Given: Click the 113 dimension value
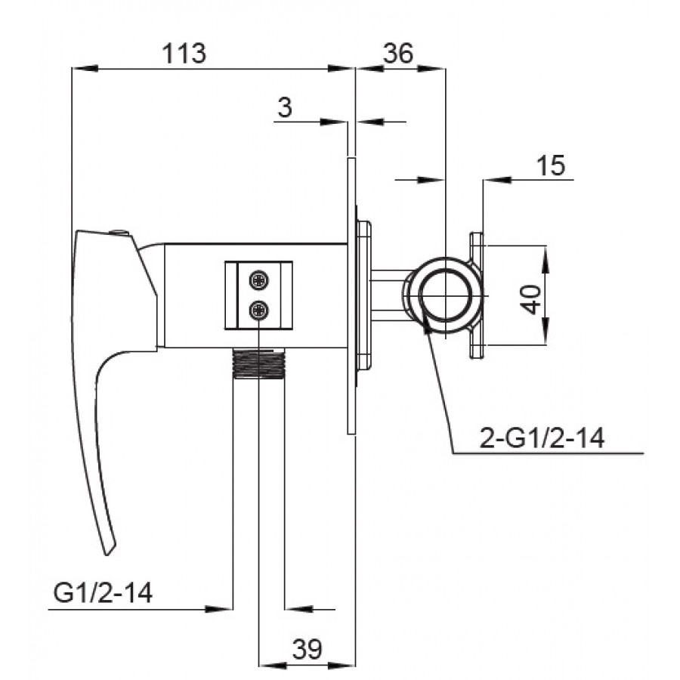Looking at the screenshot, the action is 184,54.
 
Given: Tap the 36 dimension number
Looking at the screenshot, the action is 399,54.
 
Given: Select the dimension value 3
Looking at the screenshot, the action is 285,107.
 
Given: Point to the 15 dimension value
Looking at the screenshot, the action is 551,165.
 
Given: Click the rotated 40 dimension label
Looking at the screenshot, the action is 531,298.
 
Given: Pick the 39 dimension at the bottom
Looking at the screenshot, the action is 307,649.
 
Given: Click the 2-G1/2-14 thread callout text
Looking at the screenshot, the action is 542,437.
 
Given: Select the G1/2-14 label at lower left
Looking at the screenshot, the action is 103,592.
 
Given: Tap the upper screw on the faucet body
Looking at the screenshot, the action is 258,280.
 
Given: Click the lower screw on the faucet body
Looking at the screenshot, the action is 258,310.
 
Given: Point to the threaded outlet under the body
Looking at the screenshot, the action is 258,363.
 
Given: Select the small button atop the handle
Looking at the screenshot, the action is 119,233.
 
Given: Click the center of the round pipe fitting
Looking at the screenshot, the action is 447,295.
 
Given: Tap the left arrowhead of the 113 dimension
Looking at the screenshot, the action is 84,68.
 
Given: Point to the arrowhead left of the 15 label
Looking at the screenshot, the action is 496,180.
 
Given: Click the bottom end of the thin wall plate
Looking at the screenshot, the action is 351,433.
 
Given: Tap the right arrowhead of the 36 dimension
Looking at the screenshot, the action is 431,68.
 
